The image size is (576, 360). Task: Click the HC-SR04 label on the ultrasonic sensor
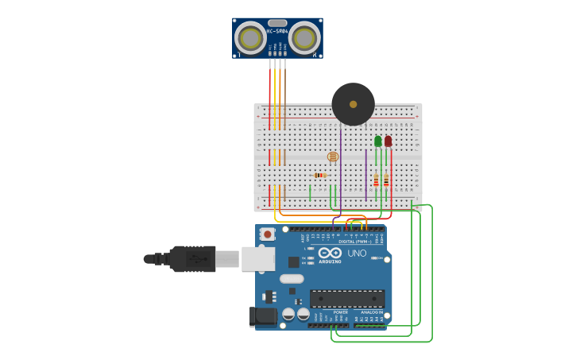(277, 32)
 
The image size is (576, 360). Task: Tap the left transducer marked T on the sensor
(251, 38)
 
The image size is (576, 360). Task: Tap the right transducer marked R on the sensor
(304, 38)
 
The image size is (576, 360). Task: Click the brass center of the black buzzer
(353, 104)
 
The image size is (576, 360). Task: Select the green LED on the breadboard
(378, 141)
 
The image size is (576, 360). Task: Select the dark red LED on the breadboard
(388, 141)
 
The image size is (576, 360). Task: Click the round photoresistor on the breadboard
(333, 157)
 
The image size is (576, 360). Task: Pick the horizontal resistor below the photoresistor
(320, 175)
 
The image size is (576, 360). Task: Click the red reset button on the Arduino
(269, 234)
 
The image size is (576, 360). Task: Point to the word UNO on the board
(357, 254)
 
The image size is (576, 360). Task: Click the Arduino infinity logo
(329, 254)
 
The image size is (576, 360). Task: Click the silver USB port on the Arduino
(258, 258)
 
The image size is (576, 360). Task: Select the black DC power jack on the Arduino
(263, 317)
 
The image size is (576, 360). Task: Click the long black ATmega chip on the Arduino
(347, 299)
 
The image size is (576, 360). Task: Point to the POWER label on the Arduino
(340, 312)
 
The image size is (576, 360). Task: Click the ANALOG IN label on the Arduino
(370, 312)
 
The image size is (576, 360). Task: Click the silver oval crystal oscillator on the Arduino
(292, 278)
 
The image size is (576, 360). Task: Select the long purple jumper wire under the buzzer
(341, 167)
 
